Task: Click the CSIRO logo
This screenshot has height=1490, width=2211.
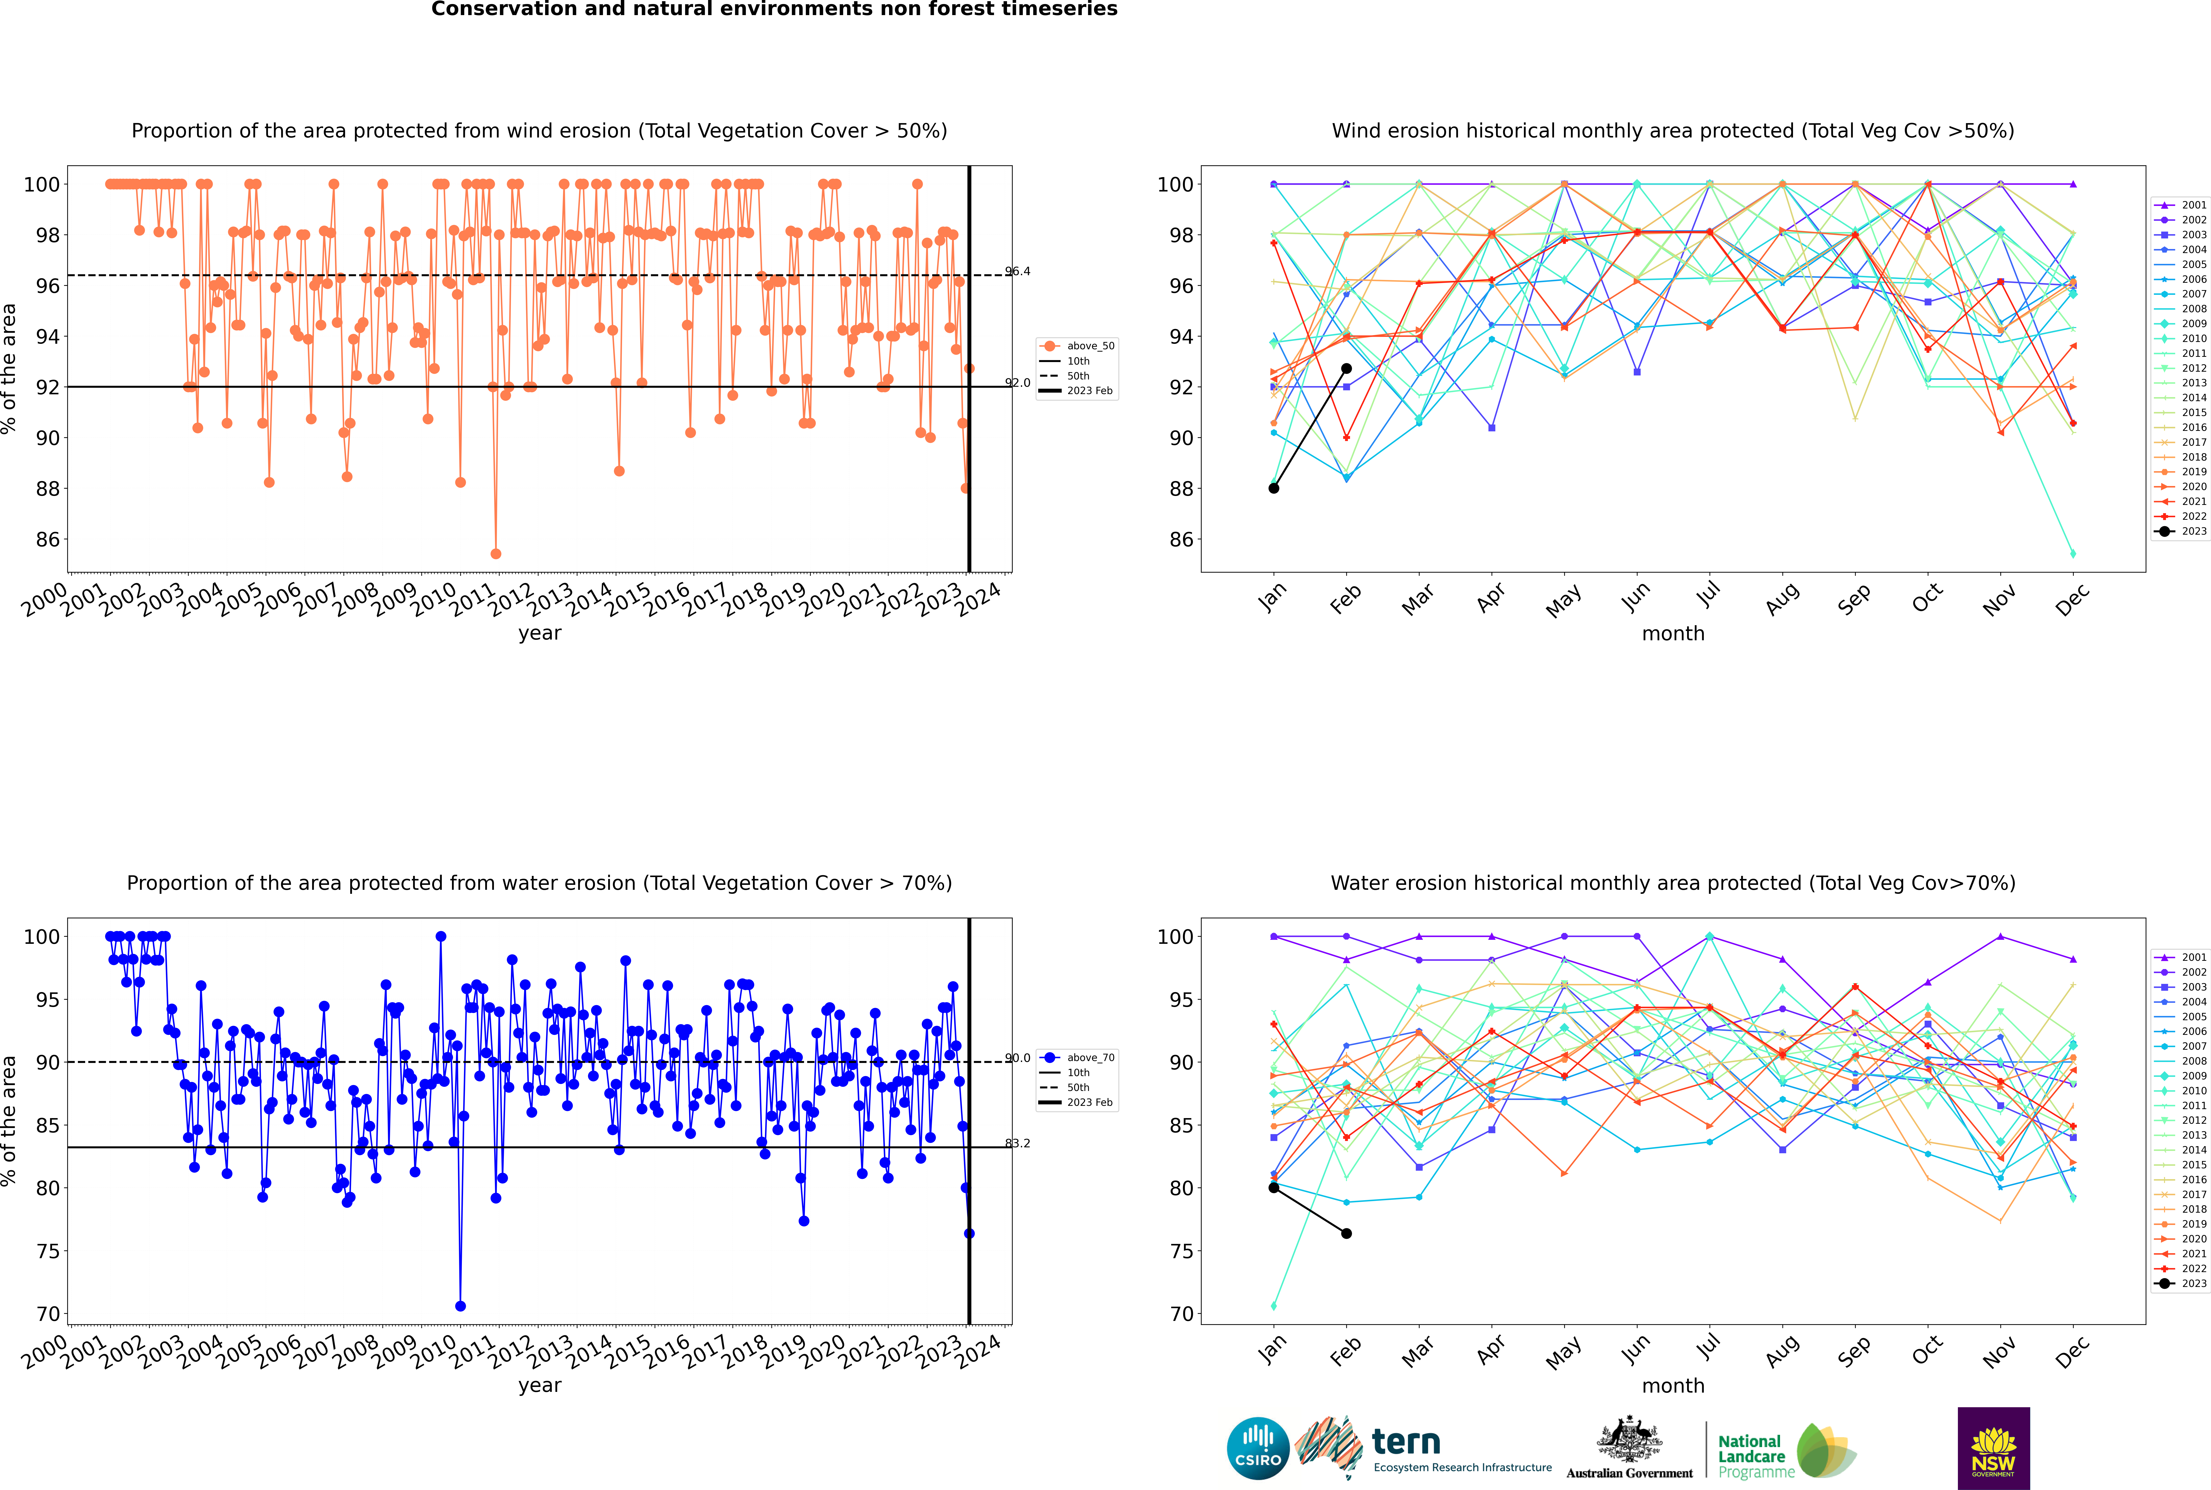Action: [x=1258, y=1449]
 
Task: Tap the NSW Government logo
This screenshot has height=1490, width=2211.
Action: [x=1993, y=1448]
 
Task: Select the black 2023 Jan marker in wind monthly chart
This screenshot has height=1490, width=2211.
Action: [x=1274, y=488]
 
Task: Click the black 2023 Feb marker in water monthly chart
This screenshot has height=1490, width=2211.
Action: [x=1346, y=1233]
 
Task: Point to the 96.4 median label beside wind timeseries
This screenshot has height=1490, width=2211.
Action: [x=1018, y=272]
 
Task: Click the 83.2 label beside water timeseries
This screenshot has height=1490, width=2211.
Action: [x=1018, y=1143]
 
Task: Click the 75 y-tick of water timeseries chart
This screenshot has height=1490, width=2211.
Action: [x=47, y=1252]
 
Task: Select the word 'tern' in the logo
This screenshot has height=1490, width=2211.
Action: [x=1406, y=1443]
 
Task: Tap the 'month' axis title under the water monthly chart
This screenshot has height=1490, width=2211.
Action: [x=1673, y=1386]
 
